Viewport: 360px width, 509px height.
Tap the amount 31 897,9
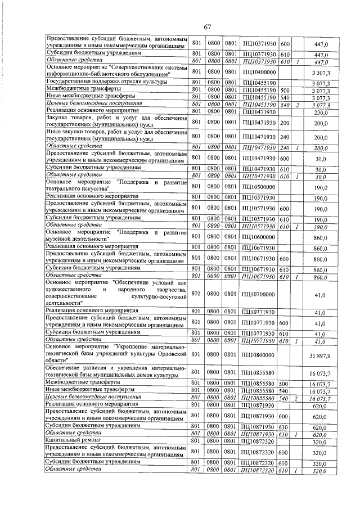(319, 355)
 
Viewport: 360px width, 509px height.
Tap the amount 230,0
(321, 111)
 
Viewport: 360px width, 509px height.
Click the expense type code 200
(285, 123)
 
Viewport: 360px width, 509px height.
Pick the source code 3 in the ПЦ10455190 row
(296, 104)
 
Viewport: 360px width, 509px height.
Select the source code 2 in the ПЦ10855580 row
(296, 398)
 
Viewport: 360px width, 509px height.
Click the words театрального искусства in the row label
(79, 190)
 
